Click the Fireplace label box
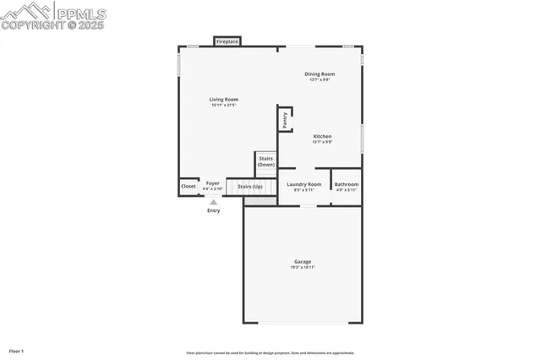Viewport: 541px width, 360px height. point(227,41)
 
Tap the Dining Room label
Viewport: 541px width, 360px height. point(320,74)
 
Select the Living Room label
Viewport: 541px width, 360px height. point(224,100)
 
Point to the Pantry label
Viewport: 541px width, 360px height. point(285,120)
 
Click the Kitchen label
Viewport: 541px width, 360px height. point(322,136)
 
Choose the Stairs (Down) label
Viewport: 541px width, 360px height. point(266,161)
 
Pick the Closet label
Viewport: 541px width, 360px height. point(189,185)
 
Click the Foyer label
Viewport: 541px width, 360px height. point(213,183)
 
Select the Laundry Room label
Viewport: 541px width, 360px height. point(304,183)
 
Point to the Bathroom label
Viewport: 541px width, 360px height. point(347,184)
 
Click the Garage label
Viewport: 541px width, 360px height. point(303,261)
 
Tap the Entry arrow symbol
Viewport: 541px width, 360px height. point(214,202)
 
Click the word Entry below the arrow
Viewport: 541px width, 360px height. point(214,210)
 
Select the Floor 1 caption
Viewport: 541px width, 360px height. point(17,351)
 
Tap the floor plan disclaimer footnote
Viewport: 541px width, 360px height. point(270,353)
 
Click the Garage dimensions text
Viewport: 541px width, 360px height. point(303,268)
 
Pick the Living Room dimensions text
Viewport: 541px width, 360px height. point(224,106)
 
